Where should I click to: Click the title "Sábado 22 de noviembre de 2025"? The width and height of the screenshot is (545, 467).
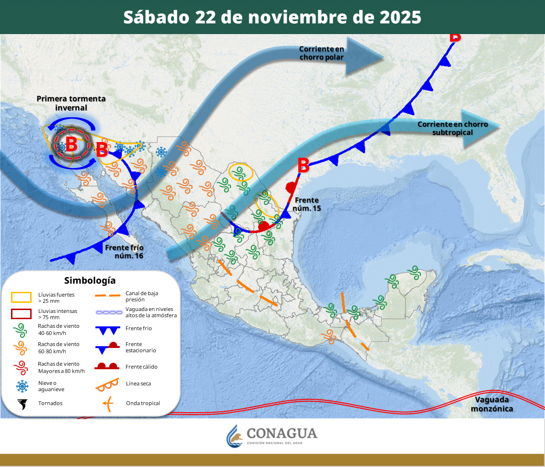272,17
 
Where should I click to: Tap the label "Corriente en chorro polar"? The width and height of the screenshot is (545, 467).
322,53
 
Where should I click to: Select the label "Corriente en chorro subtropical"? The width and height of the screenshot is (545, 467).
452,128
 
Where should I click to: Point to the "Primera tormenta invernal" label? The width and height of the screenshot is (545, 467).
71,103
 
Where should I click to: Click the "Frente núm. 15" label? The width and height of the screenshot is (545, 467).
307,204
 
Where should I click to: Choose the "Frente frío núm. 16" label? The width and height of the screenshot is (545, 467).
124,252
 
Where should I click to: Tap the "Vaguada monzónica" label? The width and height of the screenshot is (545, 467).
492,404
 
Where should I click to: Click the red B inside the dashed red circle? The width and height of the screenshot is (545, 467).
71,144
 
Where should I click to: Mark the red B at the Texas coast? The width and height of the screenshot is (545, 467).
303,166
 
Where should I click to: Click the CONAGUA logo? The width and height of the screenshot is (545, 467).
272,435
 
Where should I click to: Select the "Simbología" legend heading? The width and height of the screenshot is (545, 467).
90,280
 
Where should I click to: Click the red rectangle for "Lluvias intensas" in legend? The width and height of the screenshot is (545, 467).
21,314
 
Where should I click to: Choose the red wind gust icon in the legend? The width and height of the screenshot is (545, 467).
21,368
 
